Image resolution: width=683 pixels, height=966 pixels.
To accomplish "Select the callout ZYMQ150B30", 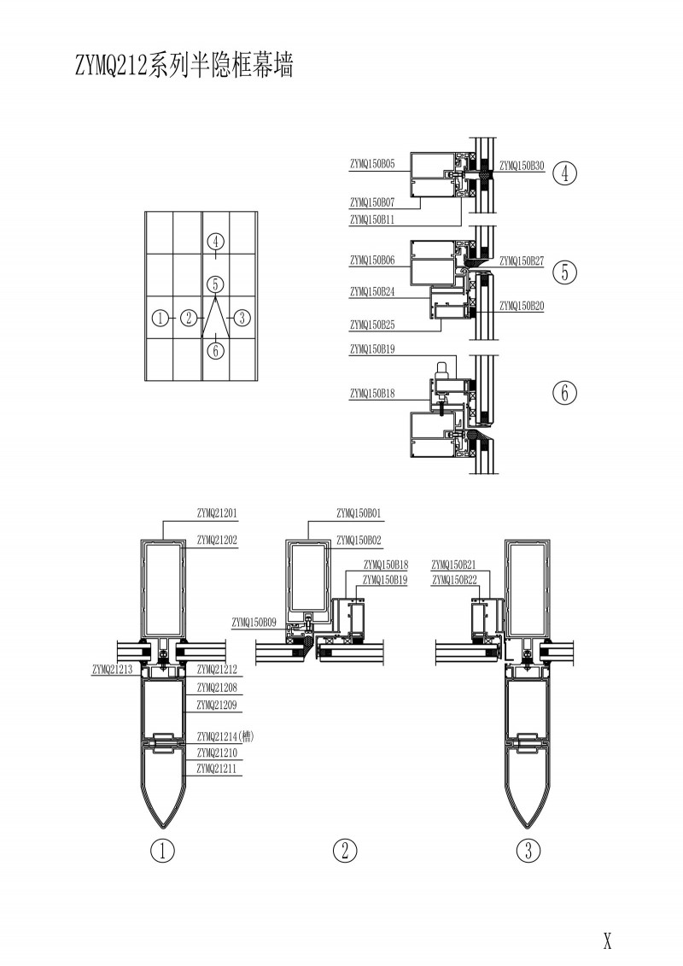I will tap(521, 165).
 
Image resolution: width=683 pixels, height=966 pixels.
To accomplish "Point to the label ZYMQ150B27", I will tap(521, 261).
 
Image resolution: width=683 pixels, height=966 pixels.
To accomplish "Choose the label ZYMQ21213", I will tap(111, 670).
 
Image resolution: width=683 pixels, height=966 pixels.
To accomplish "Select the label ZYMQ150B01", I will tap(359, 514).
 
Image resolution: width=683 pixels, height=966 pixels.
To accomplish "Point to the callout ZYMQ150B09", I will tap(253, 622).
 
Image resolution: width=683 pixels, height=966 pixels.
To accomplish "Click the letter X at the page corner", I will tap(607, 941).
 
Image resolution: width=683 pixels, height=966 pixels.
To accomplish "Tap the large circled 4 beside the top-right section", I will tap(564, 173).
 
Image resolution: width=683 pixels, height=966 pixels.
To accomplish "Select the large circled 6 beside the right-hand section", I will tap(564, 393).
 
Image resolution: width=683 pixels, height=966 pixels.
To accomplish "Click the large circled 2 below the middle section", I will tap(345, 851).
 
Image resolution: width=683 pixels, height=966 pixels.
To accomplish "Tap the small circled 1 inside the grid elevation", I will tap(159, 318).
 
